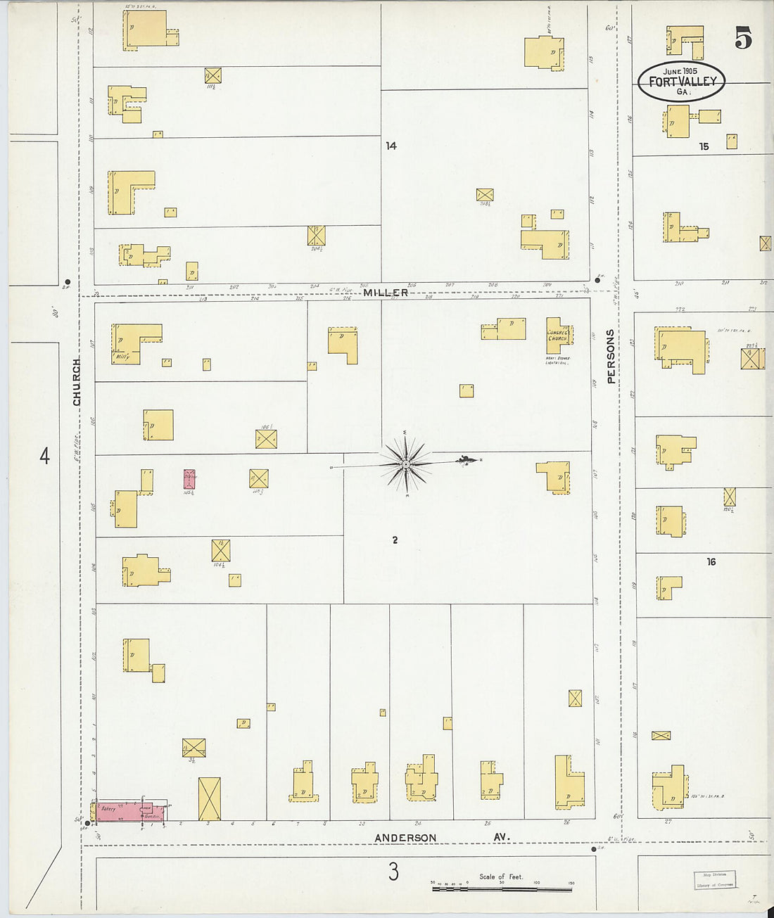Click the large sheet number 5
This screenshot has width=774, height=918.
(743, 38)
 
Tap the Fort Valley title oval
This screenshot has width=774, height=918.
(681, 81)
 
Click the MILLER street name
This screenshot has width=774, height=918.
(386, 292)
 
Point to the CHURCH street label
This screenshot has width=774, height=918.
(77, 381)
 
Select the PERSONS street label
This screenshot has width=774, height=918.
(611, 356)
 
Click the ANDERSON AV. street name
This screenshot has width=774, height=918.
(405, 838)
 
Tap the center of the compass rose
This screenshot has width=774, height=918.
(406, 464)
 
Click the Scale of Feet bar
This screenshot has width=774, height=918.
(501, 889)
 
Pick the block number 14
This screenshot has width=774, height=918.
(391, 146)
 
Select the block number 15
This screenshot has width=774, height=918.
(704, 146)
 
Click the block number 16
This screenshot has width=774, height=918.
(711, 561)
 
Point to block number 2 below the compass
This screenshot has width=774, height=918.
(395, 540)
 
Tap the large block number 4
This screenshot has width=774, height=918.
(44, 457)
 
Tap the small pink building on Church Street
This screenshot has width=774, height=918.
(189, 479)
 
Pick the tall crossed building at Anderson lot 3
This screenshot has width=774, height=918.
(209, 799)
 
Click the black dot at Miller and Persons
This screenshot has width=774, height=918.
(597, 280)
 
